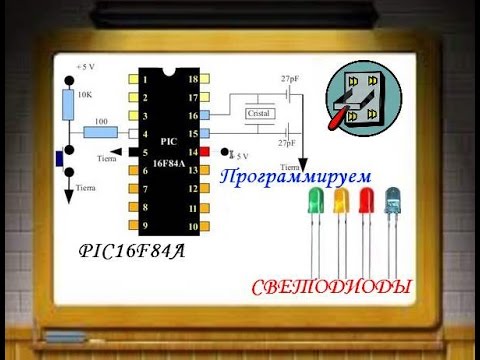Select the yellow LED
coord(342,199)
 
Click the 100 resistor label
coord(101,122)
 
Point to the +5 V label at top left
coord(85,67)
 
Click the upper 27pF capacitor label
coord(291,77)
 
